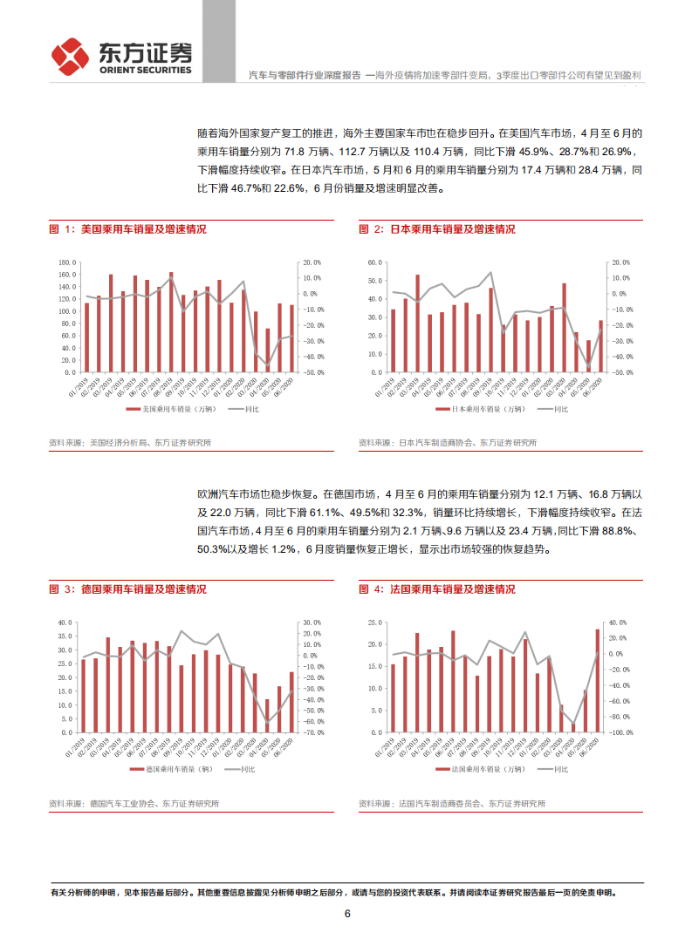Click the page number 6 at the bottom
(346, 914)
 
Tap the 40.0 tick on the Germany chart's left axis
(66, 623)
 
